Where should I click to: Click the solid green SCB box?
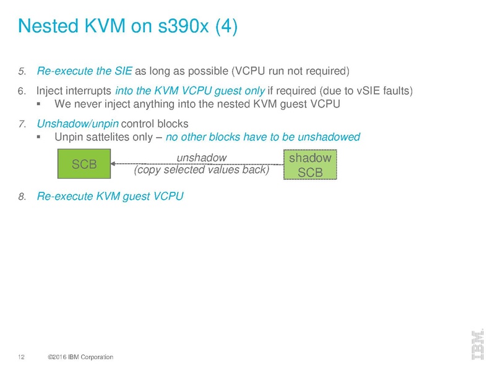[x=84, y=164]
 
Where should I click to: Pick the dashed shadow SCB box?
[x=310, y=164]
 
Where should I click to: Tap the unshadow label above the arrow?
[x=202, y=157]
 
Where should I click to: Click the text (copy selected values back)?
[x=202, y=170]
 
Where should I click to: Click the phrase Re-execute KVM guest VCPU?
[x=110, y=196]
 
